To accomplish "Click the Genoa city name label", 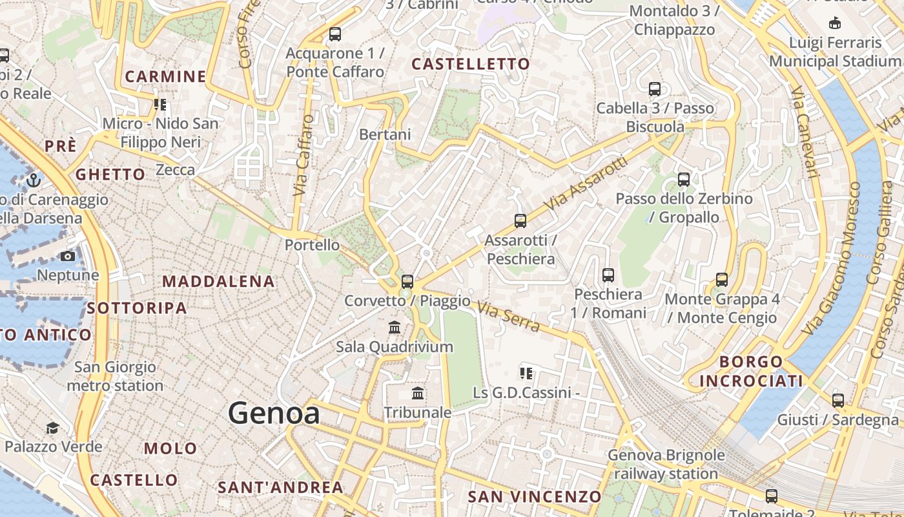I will click(274, 412).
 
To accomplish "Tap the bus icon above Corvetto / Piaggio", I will click(407, 281).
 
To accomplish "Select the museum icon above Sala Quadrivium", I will click(395, 327).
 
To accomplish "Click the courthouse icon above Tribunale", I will click(418, 393).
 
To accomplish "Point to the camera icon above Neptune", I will click(68, 256).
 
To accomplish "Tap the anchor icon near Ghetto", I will click(33, 180).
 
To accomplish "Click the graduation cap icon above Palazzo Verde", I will click(52, 428).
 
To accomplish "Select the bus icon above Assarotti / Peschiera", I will click(520, 221).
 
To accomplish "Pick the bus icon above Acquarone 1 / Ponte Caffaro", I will click(334, 34).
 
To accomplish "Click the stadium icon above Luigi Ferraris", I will click(835, 23).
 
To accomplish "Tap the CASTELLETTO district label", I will click(471, 64).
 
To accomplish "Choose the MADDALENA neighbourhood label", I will click(218, 282).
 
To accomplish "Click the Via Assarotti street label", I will click(586, 182).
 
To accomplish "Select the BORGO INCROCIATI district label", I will click(751, 372).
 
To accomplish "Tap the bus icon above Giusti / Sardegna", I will click(837, 401).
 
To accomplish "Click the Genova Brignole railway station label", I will click(666, 464).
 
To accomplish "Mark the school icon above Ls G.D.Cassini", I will click(526, 373).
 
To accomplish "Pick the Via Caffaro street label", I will click(302, 155).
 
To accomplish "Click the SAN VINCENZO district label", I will click(535, 496).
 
